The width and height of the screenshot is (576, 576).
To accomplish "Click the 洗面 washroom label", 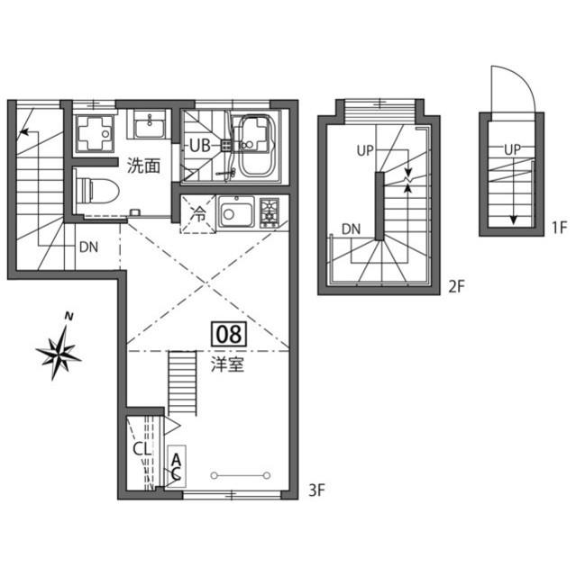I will [x=144, y=165].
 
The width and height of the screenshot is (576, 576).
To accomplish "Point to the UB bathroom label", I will [x=200, y=145].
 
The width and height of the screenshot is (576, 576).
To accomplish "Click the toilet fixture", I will [x=93, y=191].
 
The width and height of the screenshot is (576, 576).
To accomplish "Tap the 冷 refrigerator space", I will [x=197, y=215].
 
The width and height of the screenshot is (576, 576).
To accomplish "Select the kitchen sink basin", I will [x=236, y=213].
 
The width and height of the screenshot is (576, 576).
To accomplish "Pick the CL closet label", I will [x=142, y=447].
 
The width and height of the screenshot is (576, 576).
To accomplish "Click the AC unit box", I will [x=176, y=465].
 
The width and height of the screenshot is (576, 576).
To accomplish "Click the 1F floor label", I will [x=559, y=229].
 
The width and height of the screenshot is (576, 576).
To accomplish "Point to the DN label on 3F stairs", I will [x=88, y=247].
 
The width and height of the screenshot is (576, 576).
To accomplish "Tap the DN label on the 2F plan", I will [x=351, y=229].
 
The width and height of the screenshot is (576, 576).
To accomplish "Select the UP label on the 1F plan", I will [x=511, y=148].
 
